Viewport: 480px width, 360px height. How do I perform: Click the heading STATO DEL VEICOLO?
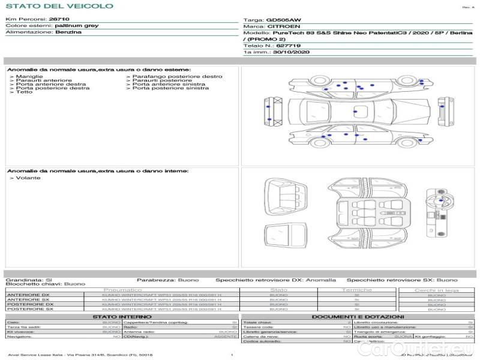tap(59, 6)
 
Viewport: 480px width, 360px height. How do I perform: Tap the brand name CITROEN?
tap(280, 27)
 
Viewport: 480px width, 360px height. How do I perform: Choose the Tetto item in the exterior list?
tap(24, 92)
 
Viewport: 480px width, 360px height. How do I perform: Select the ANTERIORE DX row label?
tap(28, 295)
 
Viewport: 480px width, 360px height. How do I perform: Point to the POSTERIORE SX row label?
tap(29, 309)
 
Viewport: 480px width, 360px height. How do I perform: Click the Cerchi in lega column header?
tap(436, 290)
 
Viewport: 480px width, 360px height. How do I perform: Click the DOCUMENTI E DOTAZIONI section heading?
tap(358, 316)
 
